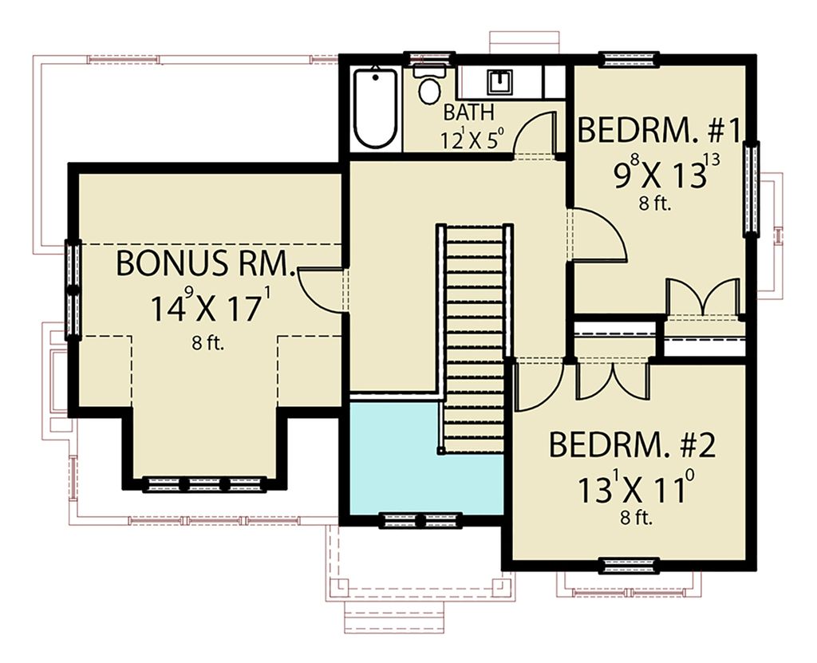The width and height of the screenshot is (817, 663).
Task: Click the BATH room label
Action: click(x=469, y=112)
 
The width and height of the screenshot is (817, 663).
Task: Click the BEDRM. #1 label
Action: click(x=660, y=129)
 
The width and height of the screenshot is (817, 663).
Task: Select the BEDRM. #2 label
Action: click(x=632, y=444)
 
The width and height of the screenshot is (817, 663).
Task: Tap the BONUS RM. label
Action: click(x=206, y=263)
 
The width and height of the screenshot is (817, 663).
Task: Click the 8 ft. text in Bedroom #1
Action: click(x=655, y=203)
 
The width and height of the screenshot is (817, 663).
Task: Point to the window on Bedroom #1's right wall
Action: click(x=751, y=188)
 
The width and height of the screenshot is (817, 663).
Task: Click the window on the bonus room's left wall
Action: click(x=73, y=288)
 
